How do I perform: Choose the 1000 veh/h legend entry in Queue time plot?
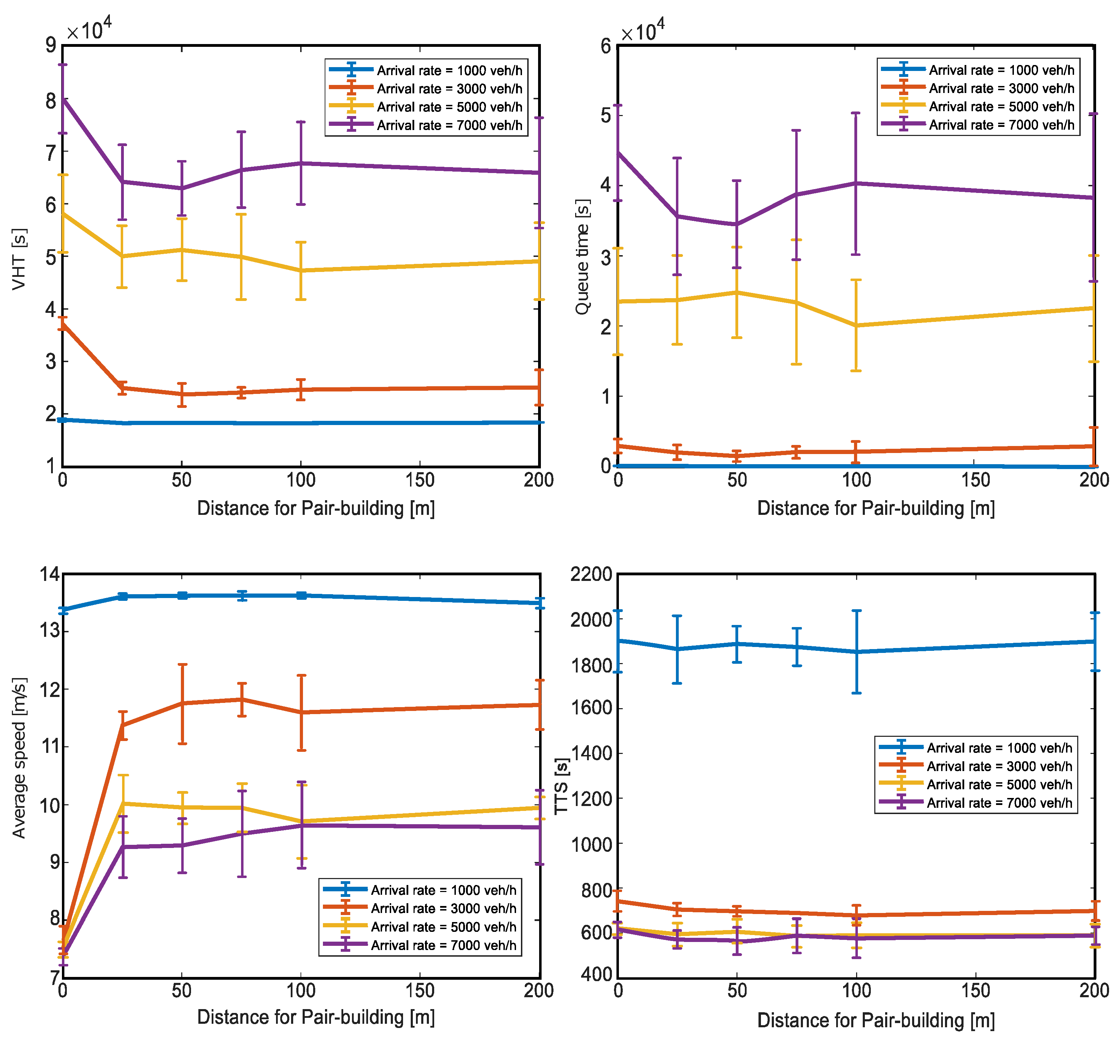pos(1001,70)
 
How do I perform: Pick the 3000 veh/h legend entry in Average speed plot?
pos(443,908)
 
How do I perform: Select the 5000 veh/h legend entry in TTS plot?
pos(999,785)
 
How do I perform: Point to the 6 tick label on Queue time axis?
pos(606,46)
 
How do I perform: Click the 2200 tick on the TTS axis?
pos(591,575)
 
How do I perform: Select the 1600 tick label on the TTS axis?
pos(591,708)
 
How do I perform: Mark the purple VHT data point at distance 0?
pos(63,99)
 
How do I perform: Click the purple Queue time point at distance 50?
pos(736,224)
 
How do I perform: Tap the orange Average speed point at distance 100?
pos(301,712)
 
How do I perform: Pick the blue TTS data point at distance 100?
pos(856,652)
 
